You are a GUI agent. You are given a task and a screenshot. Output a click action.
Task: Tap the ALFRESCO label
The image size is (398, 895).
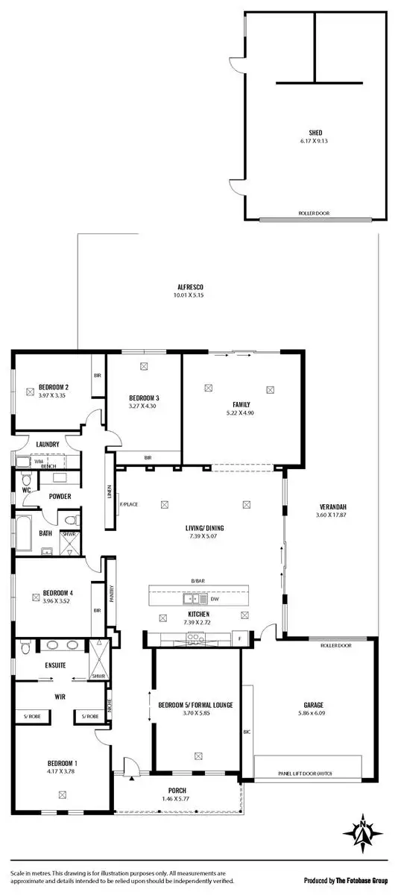(190, 286)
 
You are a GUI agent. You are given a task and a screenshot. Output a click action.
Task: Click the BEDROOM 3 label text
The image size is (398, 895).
(144, 398)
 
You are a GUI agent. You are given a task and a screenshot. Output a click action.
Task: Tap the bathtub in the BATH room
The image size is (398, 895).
(22, 533)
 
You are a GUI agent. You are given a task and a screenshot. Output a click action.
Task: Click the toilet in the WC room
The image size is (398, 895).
(26, 479)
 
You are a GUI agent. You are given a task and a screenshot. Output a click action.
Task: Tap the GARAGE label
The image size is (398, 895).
(312, 704)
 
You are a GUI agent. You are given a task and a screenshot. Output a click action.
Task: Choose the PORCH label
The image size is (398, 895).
(177, 791)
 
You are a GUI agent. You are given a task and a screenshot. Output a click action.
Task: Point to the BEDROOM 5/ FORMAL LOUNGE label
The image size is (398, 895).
(196, 704)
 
